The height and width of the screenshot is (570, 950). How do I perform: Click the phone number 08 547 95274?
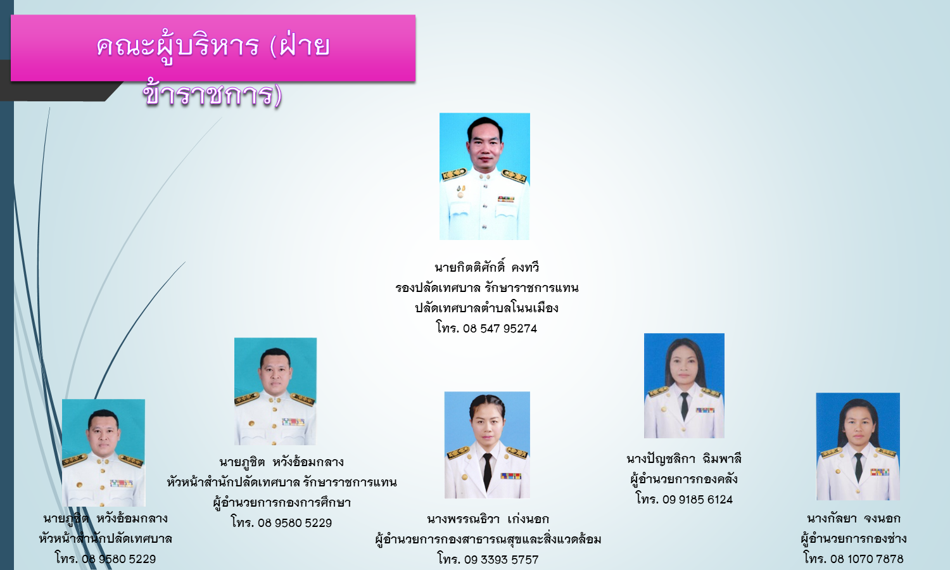[500, 329]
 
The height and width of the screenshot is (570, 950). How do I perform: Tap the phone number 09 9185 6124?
[697, 500]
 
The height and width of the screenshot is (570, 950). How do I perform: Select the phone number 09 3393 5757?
[501, 560]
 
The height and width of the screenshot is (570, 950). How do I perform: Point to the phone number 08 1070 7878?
[867, 559]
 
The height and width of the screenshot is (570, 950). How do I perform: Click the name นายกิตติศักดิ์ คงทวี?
[487, 267]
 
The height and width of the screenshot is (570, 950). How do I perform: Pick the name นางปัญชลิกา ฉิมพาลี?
[683, 459]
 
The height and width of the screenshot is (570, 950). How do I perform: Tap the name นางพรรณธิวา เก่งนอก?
[488, 519]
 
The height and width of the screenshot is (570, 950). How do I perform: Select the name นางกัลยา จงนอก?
[853, 518]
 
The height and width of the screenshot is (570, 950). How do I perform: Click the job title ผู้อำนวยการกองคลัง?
[683, 479]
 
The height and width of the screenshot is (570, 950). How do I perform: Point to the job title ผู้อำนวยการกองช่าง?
[853, 538]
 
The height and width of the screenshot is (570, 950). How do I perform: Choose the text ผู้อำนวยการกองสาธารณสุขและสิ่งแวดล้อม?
[488, 540]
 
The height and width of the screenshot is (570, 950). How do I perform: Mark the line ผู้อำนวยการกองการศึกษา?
[282, 503]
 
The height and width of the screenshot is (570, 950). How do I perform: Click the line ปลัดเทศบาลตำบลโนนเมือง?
[486, 308]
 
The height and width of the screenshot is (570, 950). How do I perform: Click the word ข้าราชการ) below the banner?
[212, 94]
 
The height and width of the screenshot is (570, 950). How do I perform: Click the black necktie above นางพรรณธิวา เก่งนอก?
[487, 471]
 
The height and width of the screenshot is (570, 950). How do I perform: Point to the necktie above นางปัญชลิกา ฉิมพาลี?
[684, 405]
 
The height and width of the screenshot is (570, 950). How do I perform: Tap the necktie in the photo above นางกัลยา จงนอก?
[858, 467]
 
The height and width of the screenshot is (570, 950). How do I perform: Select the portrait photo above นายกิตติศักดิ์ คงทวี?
[484, 177]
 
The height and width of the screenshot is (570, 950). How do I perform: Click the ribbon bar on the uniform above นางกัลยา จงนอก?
[880, 472]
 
